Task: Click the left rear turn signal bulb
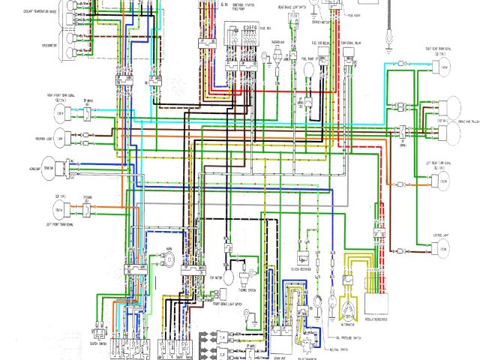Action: pos(444,182)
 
